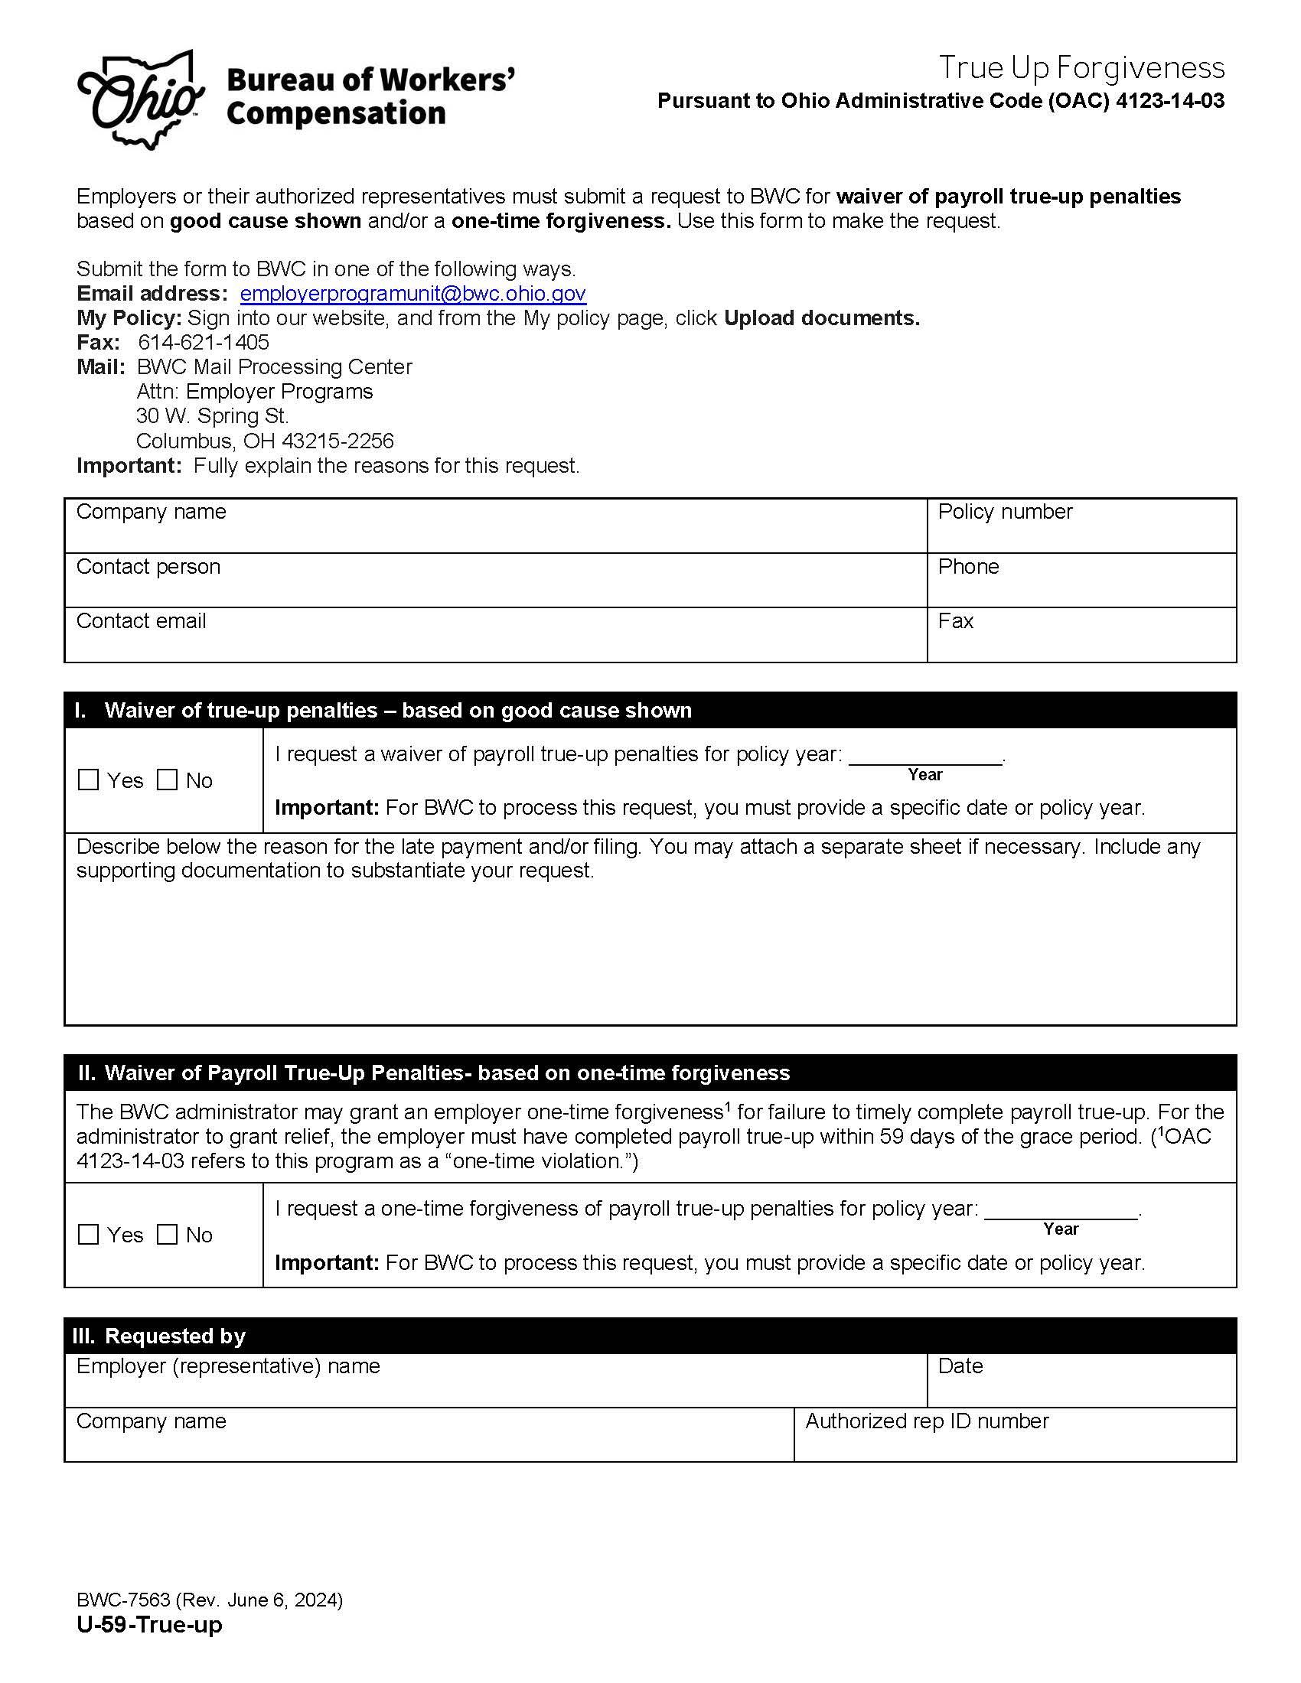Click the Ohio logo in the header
tap(141, 100)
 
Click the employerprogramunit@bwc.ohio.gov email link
tap(412, 294)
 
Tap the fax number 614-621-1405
tap(204, 342)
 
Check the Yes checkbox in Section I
tap(90, 780)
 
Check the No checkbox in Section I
tap(168, 780)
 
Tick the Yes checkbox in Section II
tap(90, 1235)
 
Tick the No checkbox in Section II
tap(168, 1235)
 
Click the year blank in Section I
tap(925, 756)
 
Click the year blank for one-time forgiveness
tap(1061, 1211)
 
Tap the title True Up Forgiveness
tap(1081, 68)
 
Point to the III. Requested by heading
tap(159, 1336)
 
